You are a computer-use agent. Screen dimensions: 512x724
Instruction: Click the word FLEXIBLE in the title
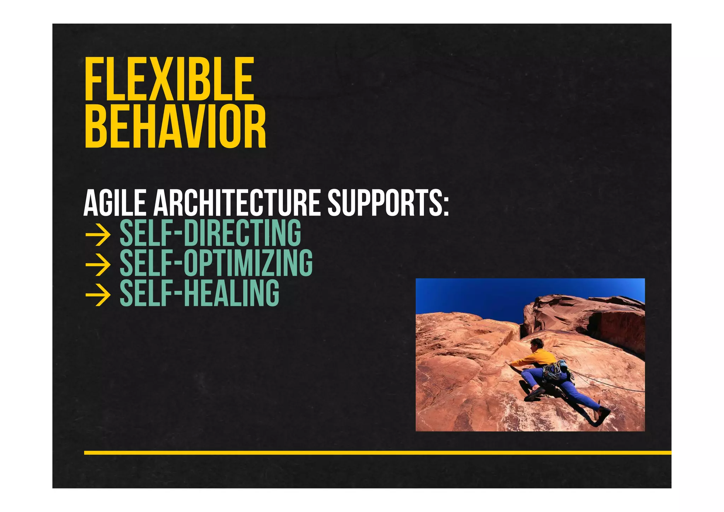click(169, 79)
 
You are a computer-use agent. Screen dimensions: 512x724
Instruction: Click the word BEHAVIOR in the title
click(175, 126)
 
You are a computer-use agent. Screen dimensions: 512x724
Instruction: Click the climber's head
click(537, 343)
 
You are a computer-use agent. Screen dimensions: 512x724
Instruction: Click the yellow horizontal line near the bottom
click(377, 453)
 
